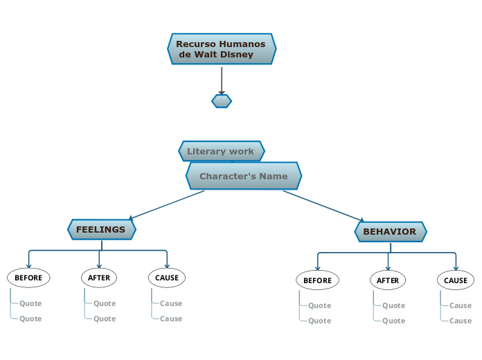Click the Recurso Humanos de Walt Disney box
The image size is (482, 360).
tap(222, 49)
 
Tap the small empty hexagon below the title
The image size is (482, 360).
tap(222, 101)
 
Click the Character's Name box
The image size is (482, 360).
tap(243, 176)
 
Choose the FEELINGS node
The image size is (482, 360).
tap(101, 229)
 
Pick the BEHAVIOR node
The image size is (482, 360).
tap(390, 231)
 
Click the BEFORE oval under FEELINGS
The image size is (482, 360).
tap(28, 278)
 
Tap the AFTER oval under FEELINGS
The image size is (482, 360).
tap(99, 278)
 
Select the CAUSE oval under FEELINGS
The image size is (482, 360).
tap(167, 278)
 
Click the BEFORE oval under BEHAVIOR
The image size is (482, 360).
tap(318, 280)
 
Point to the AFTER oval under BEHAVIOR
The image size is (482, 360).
tap(388, 280)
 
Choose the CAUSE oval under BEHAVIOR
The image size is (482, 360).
tap(456, 280)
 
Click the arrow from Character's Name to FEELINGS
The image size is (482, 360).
tap(166, 205)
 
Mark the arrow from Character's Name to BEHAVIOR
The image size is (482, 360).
tap(323, 205)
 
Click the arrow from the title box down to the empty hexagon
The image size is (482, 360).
tap(222, 80)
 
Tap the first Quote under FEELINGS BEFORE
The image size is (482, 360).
tap(30, 303)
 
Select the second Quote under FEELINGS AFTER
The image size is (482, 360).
tap(105, 318)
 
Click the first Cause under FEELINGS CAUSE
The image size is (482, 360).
tap(171, 303)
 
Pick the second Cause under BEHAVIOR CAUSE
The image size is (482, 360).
tap(461, 321)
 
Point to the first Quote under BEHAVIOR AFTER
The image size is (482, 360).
tap(394, 305)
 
